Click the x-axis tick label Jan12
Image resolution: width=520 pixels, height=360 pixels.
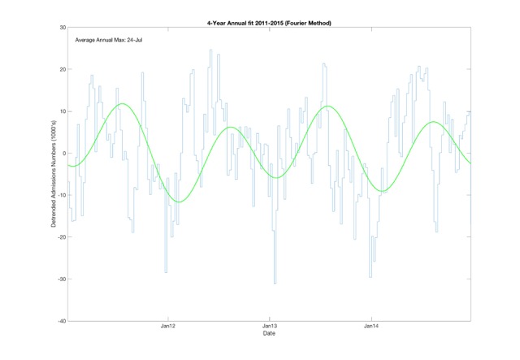coord(169,327)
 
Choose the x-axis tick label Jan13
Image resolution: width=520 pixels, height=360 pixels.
coord(270,327)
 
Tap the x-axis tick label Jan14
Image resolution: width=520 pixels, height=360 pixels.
coord(370,327)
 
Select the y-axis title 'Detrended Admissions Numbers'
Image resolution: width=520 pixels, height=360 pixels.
coord(53,174)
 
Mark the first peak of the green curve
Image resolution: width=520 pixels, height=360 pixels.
coord(123,104)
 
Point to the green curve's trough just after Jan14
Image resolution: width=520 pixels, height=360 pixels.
coord(382,191)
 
